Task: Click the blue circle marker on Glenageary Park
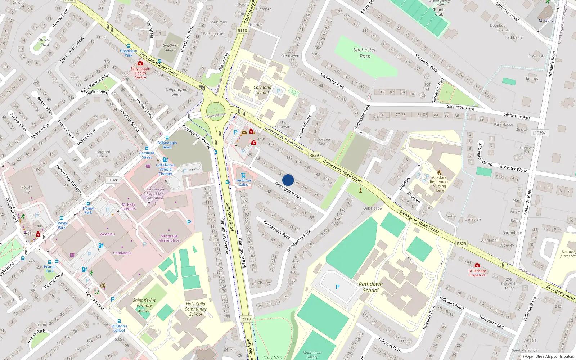click(288, 180)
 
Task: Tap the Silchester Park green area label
click(365, 53)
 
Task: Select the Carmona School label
click(262, 90)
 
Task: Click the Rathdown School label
click(371, 287)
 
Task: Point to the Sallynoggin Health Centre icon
click(140, 63)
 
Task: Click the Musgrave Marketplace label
click(169, 238)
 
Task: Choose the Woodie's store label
click(107, 234)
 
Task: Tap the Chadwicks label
click(122, 253)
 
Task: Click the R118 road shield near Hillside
click(242, 31)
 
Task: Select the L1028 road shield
click(113, 180)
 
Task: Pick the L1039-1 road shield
click(539, 133)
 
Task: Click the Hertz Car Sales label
click(243, 183)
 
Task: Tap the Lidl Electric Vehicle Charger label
click(166, 169)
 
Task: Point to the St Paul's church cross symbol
click(546, 15)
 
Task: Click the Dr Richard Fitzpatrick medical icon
click(477, 265)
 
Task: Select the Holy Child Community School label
click(195, 309)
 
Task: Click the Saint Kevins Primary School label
click(144, 305)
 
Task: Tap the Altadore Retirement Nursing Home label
click(439, 184)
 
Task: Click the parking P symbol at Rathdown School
click(338, 287)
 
